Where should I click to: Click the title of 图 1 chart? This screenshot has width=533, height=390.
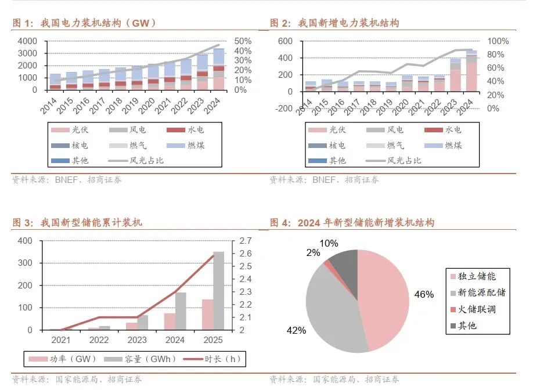(x=84, y=23)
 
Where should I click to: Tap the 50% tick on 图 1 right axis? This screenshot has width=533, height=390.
(x=243, y=41)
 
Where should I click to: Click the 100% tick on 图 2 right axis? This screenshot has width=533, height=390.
(x=498, y=41)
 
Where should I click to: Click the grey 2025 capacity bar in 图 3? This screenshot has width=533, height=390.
(x=218, y=290)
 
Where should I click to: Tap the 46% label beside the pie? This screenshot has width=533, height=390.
(x=424, y=294)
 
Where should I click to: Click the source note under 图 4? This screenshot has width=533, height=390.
(x=334, y=380)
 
